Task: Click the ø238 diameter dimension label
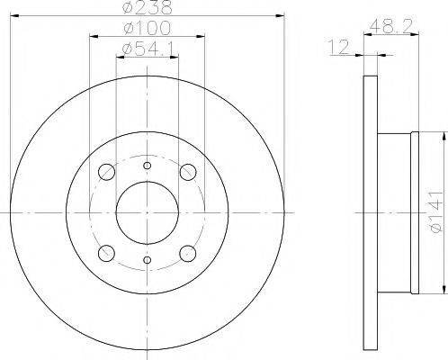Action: [148, 8]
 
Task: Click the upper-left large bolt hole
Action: [105, 172]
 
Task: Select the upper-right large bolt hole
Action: [188, 172]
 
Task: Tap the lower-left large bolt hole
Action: [105, 252]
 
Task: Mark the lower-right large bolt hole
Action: [188, 252]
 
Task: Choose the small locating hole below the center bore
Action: [147, 262]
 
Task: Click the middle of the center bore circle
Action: [147, 212]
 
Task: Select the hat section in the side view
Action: [395, 212]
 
